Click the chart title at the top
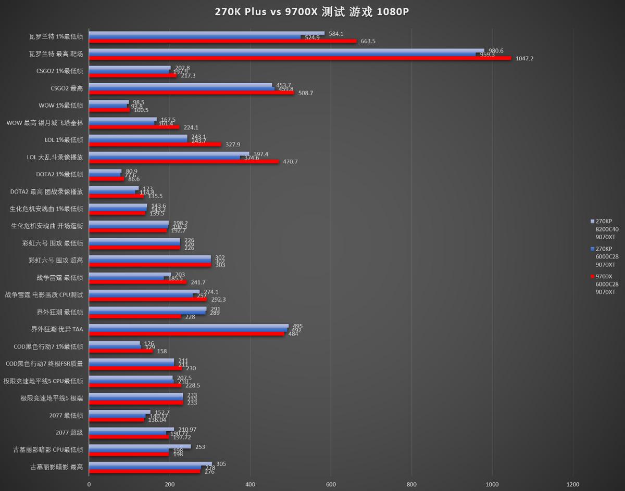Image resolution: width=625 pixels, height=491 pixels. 312,12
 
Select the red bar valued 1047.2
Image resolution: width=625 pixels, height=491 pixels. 299,58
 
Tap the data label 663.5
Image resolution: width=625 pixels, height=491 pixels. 368,41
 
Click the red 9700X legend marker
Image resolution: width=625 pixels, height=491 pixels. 592,277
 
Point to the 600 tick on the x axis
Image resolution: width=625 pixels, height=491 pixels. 331,484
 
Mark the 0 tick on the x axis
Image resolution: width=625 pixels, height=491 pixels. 89,484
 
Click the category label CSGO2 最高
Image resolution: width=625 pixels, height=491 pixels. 67,88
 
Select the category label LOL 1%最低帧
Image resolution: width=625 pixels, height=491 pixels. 64,140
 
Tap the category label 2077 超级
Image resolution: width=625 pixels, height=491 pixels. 69,432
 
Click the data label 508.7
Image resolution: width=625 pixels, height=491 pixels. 305,93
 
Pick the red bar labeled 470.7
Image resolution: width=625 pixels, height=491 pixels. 184,161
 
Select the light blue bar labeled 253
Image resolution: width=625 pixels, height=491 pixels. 140,446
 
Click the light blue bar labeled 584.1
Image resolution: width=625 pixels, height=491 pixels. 206,33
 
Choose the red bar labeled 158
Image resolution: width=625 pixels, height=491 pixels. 121,351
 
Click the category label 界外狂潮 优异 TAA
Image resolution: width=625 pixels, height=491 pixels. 57,329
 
